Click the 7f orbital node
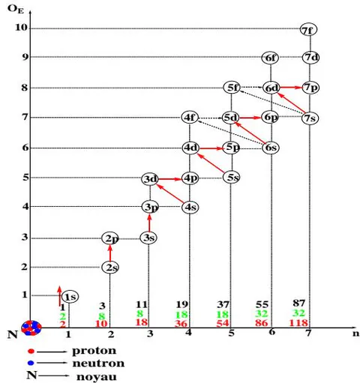(x=308, y=29)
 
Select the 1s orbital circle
(x=70, y=297)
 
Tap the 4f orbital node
(x=190, y=118)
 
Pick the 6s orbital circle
(x=271, y=148)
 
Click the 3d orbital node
(x=150, y=179)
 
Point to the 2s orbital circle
(x=110, y=268)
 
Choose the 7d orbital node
(x=310, y=58)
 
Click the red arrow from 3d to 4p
(x=170, y=179)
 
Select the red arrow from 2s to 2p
(x=110, y=253)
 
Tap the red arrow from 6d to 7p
(x=290, y=88)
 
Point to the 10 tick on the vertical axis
(x=20, y=27)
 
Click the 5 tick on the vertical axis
(x=25, y=178)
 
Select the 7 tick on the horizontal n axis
(x=309, y=333)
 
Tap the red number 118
(x=298, y=323)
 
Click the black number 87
(x=299, y=303)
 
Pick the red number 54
(x=223, y=323)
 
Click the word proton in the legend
(x=94, y=351)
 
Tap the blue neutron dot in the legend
(x=31, y=363)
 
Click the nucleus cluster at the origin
(x=31, y=328)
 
